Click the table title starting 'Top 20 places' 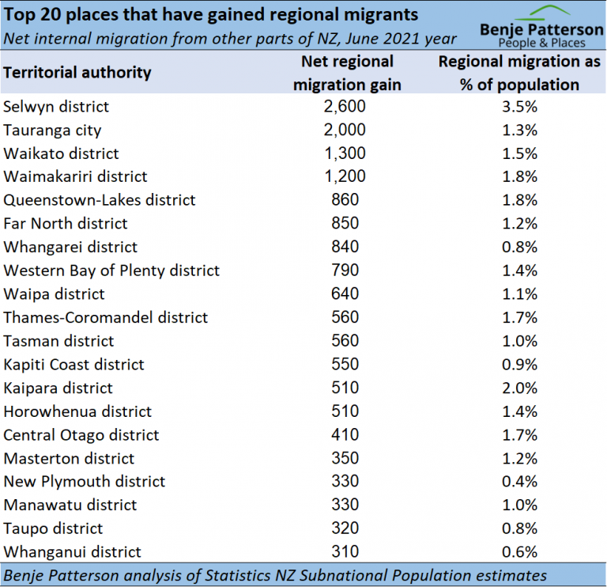click(x=211, y=15)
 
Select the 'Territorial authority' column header click(x=77, y=72)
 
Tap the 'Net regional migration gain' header click(x=347, y=73)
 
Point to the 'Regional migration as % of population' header click(x=520, y=73)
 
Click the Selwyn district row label click(x=56, y=106)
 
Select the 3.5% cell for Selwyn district click(x=520, y=106)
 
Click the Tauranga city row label click(x=52, y=130)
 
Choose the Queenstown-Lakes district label click(x=100, y=200)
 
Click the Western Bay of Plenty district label click(x=111, y=271)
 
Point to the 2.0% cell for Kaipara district click(x=520, y=388)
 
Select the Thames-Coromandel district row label click(x=106, y=317)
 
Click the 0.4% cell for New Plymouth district click(x=520, y=481)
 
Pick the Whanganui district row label click(x=72, y=551)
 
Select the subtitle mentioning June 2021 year click(x=230, y=38)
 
